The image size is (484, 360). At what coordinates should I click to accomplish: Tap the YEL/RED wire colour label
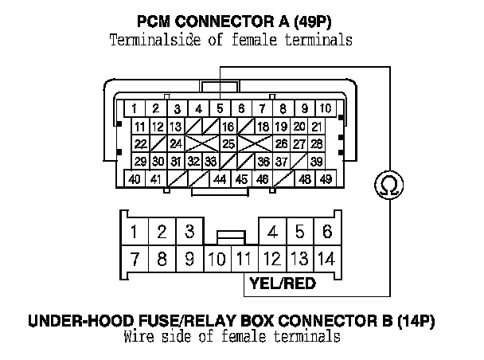coord(283,284)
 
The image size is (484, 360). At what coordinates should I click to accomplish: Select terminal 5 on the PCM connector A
coord(219,108)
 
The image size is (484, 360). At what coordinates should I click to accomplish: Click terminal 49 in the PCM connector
coord(326,179)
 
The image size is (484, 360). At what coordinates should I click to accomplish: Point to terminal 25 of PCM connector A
coord(228,144)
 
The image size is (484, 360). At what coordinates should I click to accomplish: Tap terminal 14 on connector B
coord(326,258)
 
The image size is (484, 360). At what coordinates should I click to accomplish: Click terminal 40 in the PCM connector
coord(135,179)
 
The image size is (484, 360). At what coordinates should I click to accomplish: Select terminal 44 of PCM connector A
coord(221,179)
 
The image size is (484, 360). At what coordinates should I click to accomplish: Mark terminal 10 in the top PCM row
coord(326,108)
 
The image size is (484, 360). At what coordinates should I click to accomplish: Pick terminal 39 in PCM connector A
coord(317,162)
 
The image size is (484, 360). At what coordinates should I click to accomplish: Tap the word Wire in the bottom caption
coord(140,336)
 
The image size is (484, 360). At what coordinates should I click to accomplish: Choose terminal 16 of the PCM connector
coord(228,127)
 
